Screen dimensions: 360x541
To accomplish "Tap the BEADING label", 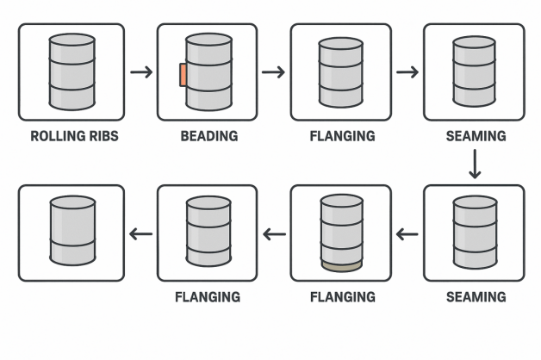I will (x=208, y=136).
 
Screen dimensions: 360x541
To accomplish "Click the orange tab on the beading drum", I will (x=183, y=75).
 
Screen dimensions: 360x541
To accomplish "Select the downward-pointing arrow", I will (x=475, y=164).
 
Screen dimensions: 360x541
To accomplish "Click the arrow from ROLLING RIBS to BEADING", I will (x=141, y=71).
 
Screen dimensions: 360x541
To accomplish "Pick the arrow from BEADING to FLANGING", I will (x=273, y=71).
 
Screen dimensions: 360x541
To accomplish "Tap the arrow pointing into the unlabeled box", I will (x=140, y=233).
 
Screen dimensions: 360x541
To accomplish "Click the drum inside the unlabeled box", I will (x=72, y=232).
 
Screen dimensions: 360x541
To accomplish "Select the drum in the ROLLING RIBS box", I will (x=72, y=71).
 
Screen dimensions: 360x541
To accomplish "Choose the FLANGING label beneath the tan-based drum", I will (x=342, y=297).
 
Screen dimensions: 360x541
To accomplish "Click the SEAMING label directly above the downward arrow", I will (x=476, y=136).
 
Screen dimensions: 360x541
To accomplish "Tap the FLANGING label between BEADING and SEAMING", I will (x=342, y=136).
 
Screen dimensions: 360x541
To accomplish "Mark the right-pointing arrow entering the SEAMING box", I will (x=407, y=71).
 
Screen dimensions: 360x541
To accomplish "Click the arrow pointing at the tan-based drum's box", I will (x=407, y=233).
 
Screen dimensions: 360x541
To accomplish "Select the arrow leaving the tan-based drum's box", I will (x=274, y=233).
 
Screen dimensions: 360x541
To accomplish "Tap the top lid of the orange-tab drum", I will (x=208, y=40).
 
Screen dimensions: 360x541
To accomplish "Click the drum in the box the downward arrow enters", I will (x=475, y=232).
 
